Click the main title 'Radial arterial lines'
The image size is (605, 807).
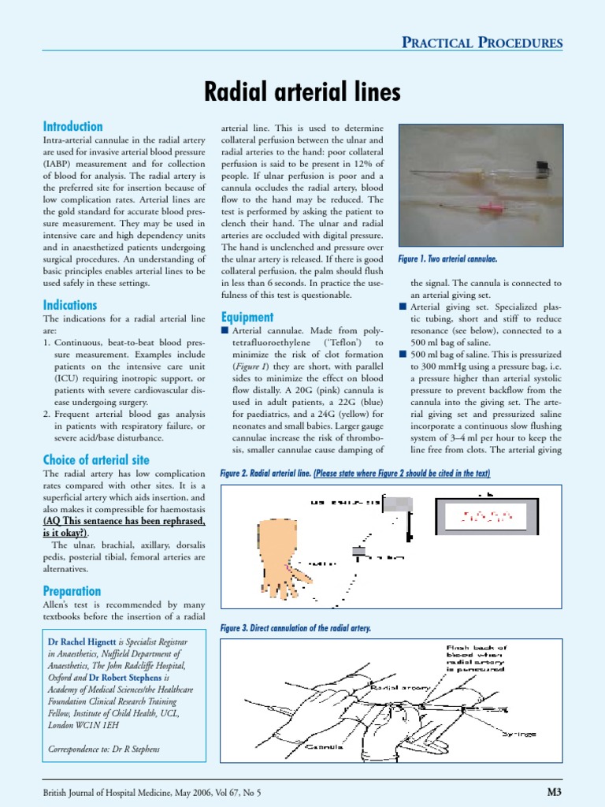(x=302, y=93)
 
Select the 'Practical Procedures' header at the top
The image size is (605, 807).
(x=482, y=42)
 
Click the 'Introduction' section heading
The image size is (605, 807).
(x=72, y=126)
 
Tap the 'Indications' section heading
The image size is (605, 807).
(x=70, y=304)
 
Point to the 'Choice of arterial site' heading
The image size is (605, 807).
(x=95, y=459)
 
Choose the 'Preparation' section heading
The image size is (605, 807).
(x=72, y=591)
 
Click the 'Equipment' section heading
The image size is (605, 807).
(x=247, y=317)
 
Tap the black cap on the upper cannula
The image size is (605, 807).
(x=543, y=165)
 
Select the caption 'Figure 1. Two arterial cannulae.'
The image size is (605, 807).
(x=447, y=258)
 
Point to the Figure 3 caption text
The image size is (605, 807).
(x=295, y=628)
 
